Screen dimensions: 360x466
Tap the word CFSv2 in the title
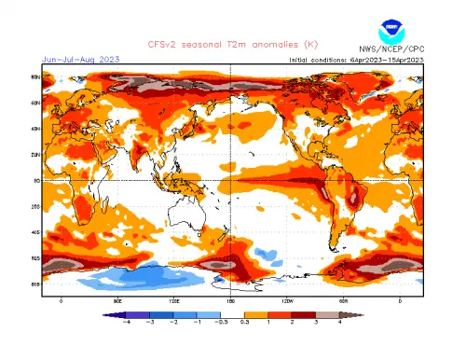[163, 43]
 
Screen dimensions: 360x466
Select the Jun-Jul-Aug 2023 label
[79, 58]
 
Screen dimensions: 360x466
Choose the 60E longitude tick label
[117, 300]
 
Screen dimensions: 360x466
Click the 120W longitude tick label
[287, 300]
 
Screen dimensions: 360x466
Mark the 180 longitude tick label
[231, 300]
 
